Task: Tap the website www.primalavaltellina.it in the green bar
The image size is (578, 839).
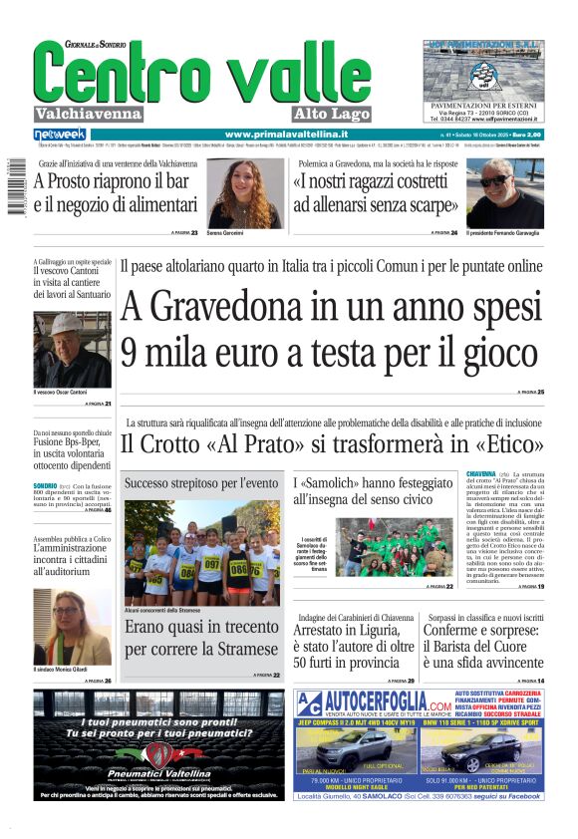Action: point(286,134)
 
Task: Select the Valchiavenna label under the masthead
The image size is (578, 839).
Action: point(88,114)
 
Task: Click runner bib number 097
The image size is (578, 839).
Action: point(210,563)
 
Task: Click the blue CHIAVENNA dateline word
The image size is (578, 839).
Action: point(481,473)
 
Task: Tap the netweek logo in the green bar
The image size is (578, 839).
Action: point(60,134)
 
